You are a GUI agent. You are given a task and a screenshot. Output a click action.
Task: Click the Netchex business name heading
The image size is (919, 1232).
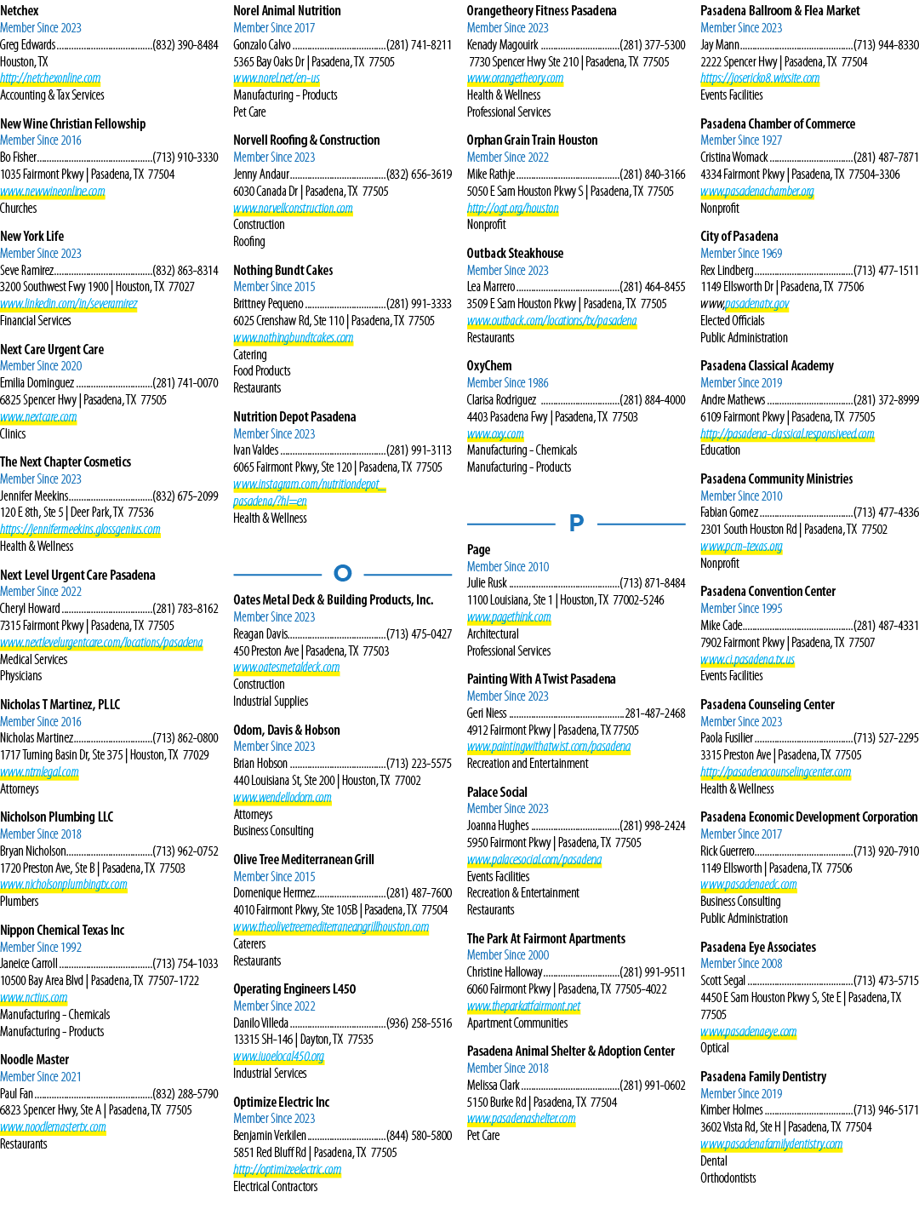pos(20,11)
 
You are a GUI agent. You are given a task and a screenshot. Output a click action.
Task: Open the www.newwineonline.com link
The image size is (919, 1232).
pos(53,192)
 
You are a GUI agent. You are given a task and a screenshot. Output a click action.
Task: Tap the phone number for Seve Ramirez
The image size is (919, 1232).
pos(186,271)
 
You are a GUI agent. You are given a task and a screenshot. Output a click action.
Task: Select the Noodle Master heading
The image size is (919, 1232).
pos(35,1060)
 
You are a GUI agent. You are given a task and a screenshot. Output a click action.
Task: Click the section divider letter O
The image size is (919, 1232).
pos(343,573)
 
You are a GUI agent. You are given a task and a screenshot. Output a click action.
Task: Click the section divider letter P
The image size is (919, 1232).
pos(576,523)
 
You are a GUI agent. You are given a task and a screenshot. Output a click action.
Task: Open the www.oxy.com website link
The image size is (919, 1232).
pos(496,434)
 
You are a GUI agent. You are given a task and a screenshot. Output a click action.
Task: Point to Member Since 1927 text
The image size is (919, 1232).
pos(741,140)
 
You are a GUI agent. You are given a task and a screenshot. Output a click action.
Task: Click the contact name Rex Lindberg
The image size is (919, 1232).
pos(727,271)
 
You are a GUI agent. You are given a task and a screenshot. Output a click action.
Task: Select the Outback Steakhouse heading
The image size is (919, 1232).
pos(516,253)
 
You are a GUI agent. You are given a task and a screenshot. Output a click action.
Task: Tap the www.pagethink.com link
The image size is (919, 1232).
pos(509,617)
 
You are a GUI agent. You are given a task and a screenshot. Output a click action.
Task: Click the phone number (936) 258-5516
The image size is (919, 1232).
pos(419,1023)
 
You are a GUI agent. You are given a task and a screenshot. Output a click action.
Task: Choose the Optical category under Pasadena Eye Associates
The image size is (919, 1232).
pos(715,1048)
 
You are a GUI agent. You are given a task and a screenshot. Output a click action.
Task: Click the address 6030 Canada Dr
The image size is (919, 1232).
pos(265,192)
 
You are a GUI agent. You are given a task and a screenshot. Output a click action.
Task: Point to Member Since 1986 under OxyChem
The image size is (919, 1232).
pos(508,383)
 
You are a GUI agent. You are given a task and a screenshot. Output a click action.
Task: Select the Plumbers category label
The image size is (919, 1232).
pos(20,902)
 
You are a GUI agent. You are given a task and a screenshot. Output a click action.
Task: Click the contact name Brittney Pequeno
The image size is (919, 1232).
pos(269,304)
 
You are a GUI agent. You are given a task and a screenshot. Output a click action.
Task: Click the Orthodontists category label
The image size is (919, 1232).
pos(728,1178)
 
